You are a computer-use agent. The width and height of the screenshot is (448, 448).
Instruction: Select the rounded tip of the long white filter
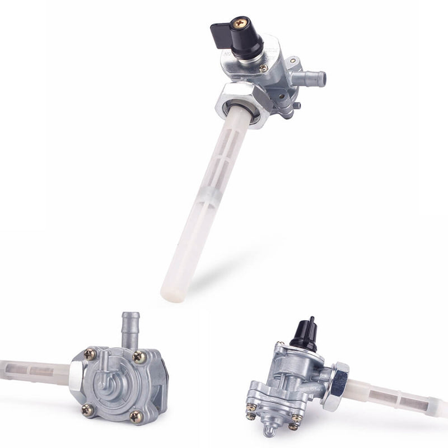pyautogui.click(x=170, y=293)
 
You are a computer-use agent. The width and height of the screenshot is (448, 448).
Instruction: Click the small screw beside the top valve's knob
pyautogui.click(x=263, y=68)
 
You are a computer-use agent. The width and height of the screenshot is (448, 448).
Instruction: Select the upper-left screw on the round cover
pyautogui.click(x=90, y=354)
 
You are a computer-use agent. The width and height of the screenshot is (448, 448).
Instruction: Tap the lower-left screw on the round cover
pyautogui.click(x=87, y=409)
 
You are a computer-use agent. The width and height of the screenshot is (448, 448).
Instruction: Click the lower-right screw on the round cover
pyautogui.click(x=136, y=416)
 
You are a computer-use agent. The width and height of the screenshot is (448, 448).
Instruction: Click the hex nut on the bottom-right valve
pyautogui.click(x=338, y=386)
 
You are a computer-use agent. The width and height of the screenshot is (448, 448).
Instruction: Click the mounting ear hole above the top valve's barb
pyautogui.click(x=293, y=60)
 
